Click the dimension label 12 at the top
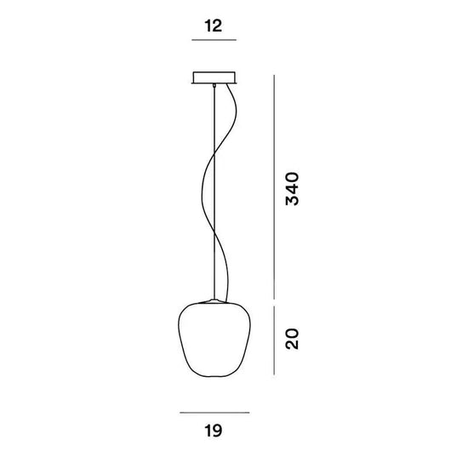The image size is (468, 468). tap(213, 26)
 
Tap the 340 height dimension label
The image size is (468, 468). tap(291, 189)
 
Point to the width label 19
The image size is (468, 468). tap(213, 431)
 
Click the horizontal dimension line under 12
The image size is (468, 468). tap(213, 40)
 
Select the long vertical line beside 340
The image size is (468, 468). tap(274, 187)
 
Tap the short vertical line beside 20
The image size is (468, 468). tap(274, 340)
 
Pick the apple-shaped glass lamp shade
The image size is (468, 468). tap(214, 340)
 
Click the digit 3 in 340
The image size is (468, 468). tap(291, 201)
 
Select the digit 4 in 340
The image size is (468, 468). tap(291, 189)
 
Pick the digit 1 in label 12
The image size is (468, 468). tap(207, 26)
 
